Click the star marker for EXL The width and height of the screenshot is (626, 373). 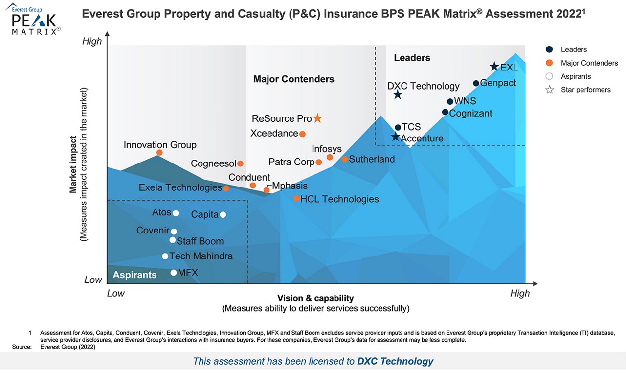pyautogui.click(x=494, y=67)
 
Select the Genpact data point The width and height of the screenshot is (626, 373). pyautogui.click(x=476, y=83)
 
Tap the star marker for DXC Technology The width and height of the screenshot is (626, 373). pyautogui.click(x=398, y=94)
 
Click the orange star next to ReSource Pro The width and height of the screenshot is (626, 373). pyautogui.click(x=317, y=118)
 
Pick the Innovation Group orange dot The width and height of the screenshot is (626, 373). pyautogui.click(x=159, y=153)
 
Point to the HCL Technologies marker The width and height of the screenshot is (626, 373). pyautogui.click(x=296, y=198)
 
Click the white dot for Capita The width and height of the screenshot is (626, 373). pyautogui.click(x=223, y=214)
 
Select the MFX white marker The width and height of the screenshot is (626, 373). pyautogui.click(x=173, y=273)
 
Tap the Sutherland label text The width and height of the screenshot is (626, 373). pyautogui.click(x=372, y=159)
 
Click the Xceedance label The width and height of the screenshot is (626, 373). pyautogui.click(x=274, y=133)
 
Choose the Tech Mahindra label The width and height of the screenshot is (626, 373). pyautogui.click(x=201, y=256)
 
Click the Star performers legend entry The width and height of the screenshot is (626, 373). pyautogui.click(x=585, y=90)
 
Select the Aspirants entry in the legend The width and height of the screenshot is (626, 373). pyautogui.click(x=576, y=76)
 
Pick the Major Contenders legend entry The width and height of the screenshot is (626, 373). pyautogui.click(x=589, y=63)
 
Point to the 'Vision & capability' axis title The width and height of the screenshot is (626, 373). pyautogui.click(x=315, y=298)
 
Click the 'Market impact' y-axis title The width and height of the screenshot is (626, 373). pyautogui.click(x=73, y=164)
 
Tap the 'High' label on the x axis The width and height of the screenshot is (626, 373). pyautogui.click(x=519, y=293)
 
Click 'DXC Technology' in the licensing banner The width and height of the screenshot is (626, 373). pyautogui.click(x=395, y=361)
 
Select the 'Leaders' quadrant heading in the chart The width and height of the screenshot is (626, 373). pyautogui.click(x=412, y=58)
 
